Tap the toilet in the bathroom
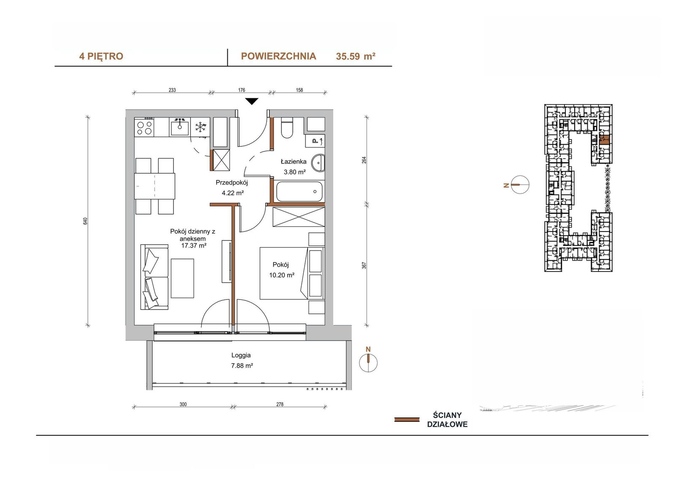coord(287,127)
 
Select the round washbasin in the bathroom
coord(318,163)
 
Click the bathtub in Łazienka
coord(299,191)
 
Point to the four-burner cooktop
coord(144,127)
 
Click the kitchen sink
coord(180,127)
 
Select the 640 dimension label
coord(85,221)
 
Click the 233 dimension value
coord(172,90)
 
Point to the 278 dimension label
coord(280,404)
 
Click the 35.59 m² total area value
coord(356,57)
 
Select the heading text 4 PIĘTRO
coord(101,57)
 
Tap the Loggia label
coord(241,355)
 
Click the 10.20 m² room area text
coord(281,275)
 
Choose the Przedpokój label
coord(232,183)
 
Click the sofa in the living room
coord(154,277)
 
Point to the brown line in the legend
coord(407,420)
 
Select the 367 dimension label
coord(364,265)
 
